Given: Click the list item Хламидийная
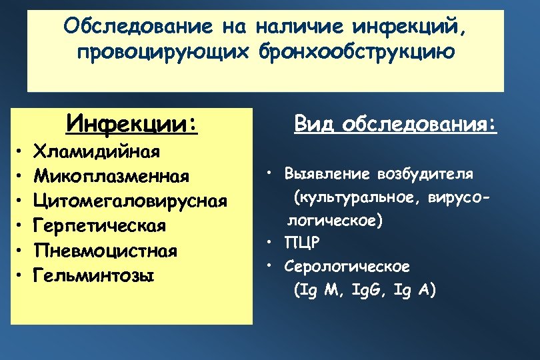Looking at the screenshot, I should [97, 151].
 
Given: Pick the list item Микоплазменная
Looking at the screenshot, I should [112, 176].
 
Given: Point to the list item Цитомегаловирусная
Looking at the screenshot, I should [131, 201].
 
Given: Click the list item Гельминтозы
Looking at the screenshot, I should [94, 274].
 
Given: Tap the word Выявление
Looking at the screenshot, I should [322, 175].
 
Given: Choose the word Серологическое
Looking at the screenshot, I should [347, 267].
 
